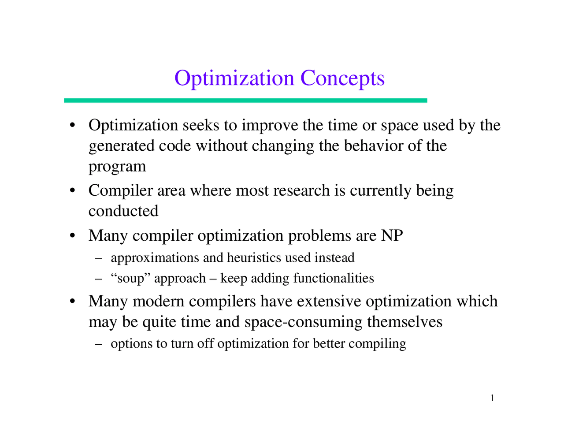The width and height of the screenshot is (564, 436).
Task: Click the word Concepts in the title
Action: [x=342, y=78]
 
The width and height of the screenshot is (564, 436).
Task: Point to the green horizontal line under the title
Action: [x=245, y=101]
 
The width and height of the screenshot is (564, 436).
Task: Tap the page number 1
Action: [x=492, y=399]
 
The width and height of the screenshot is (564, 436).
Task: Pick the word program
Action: [x=117, y=167]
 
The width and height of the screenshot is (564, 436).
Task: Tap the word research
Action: [x=301, y=190]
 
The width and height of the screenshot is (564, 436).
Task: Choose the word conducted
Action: [x=123, y=211]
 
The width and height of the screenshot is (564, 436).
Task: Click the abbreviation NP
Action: [x=392, y=235]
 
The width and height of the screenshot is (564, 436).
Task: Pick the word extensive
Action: [x=330, y=301]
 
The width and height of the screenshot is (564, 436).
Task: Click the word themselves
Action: [x=404, y=322]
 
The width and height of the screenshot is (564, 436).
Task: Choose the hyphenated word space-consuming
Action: [x=304, y=322]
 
